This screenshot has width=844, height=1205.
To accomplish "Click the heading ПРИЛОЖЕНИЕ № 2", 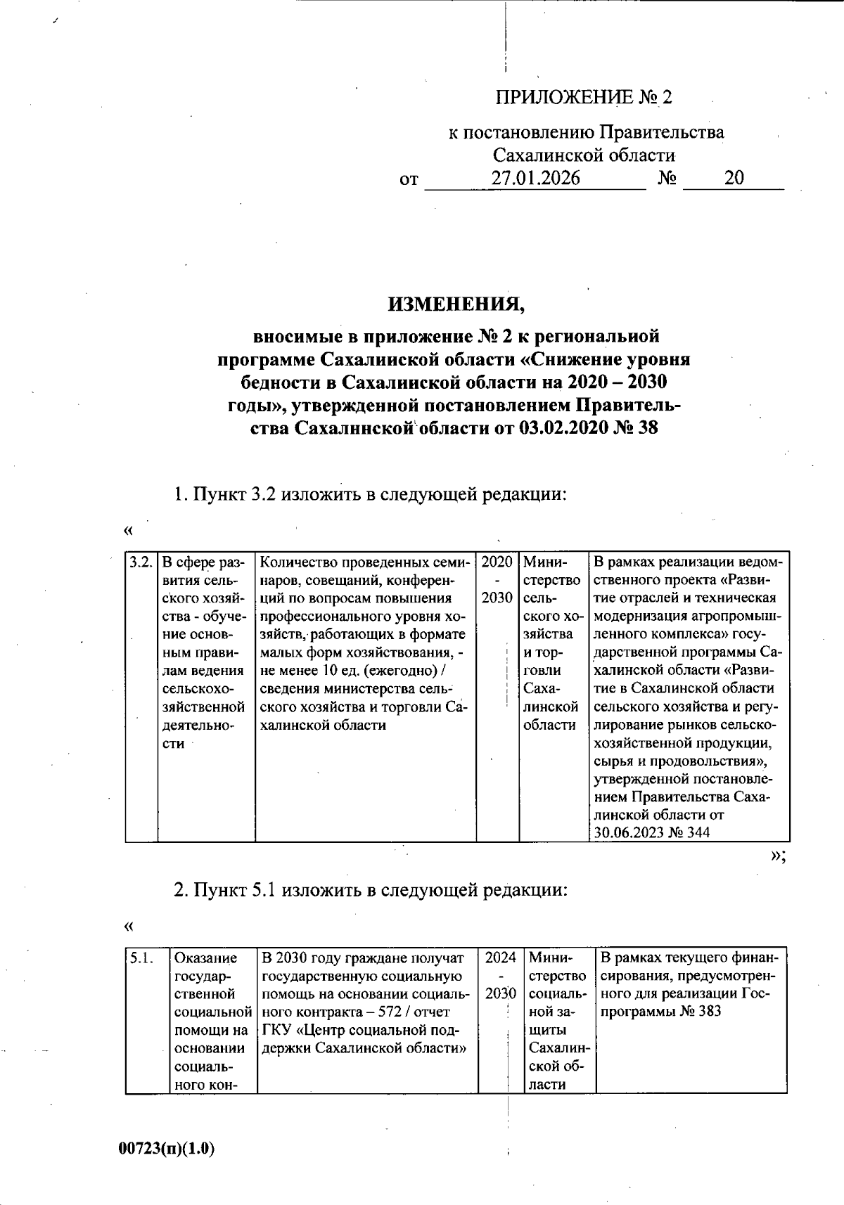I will (x=584, y=97).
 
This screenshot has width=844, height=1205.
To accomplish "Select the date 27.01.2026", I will (x=536, y=178).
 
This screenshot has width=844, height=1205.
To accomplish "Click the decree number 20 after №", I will (x=734, y=178).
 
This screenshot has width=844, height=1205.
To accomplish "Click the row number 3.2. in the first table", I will (x=141, y=562).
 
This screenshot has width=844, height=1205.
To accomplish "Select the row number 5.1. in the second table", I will (x=141, y=958).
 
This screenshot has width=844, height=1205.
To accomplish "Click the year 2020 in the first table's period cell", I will (x=497, y=562).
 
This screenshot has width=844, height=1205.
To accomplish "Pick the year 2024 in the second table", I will (x=501, y=958).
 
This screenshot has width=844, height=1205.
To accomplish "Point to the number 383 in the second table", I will (x=707, y=1012).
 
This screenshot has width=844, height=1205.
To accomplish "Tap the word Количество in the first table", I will (x=295, y=562).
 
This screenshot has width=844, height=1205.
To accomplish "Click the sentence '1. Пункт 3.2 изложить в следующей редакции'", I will (x=371, y=494).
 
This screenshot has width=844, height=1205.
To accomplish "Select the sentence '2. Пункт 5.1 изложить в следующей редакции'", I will (x=371, y=889).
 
